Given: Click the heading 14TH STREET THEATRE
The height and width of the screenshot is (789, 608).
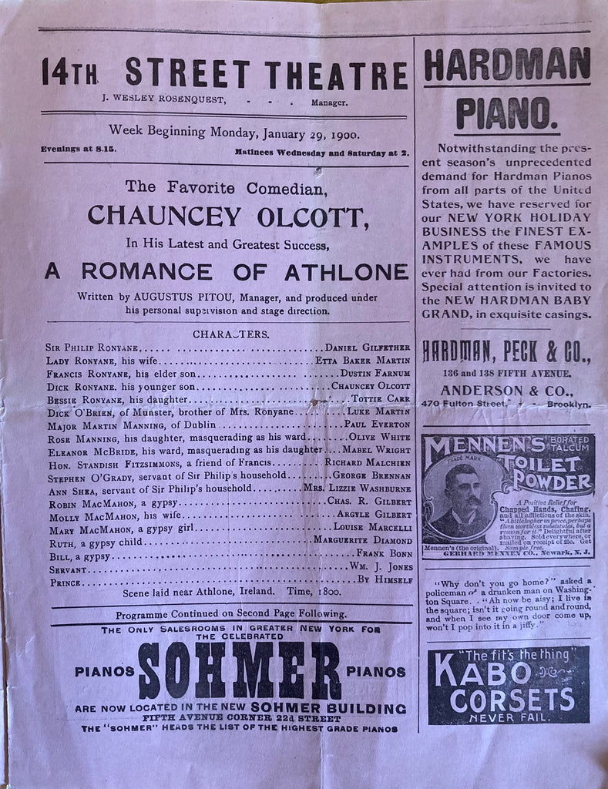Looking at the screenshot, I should click(x=224, y=73).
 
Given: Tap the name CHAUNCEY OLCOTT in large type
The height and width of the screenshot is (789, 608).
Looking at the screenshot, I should click(x=228, y=214).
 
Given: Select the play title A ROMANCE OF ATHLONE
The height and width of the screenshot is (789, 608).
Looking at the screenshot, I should click(x=226, y=272).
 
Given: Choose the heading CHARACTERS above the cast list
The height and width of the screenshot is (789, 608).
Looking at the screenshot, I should click(x=231, y=334).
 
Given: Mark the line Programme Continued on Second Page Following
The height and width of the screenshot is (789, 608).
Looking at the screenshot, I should click(x=230, y=614).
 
